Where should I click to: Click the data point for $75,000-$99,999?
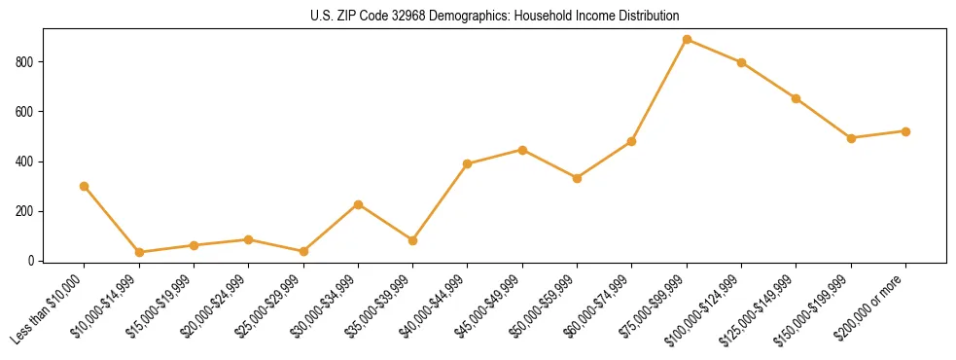[687, 40]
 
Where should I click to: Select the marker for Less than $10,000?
[85, 186]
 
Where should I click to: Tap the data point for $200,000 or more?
[905, 131]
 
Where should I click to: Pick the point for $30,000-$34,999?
[359, 204]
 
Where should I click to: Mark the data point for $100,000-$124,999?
[741, 62]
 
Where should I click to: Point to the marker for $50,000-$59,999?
[577, 178]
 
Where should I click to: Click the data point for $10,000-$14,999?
[139, 252]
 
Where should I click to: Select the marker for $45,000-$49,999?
[522, 150]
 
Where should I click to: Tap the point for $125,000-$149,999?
[797, 98]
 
